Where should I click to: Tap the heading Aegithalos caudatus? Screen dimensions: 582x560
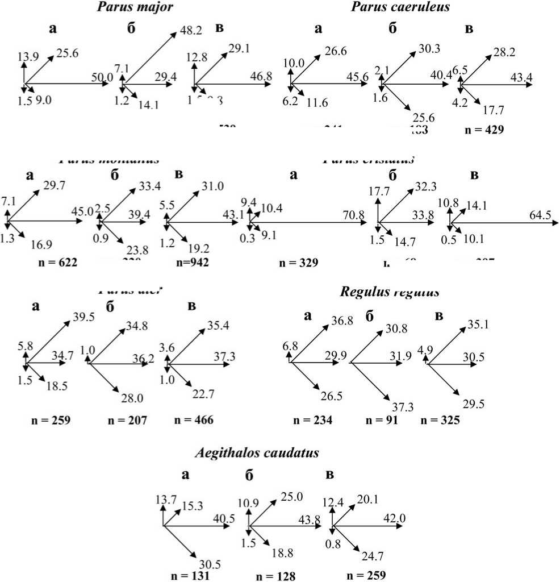tap(256, 453)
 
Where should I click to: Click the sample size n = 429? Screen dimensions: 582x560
tap(483, 130)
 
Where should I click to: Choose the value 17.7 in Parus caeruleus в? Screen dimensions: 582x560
tap(493, 110)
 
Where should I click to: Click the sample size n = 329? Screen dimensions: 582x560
tap(299, 263)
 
